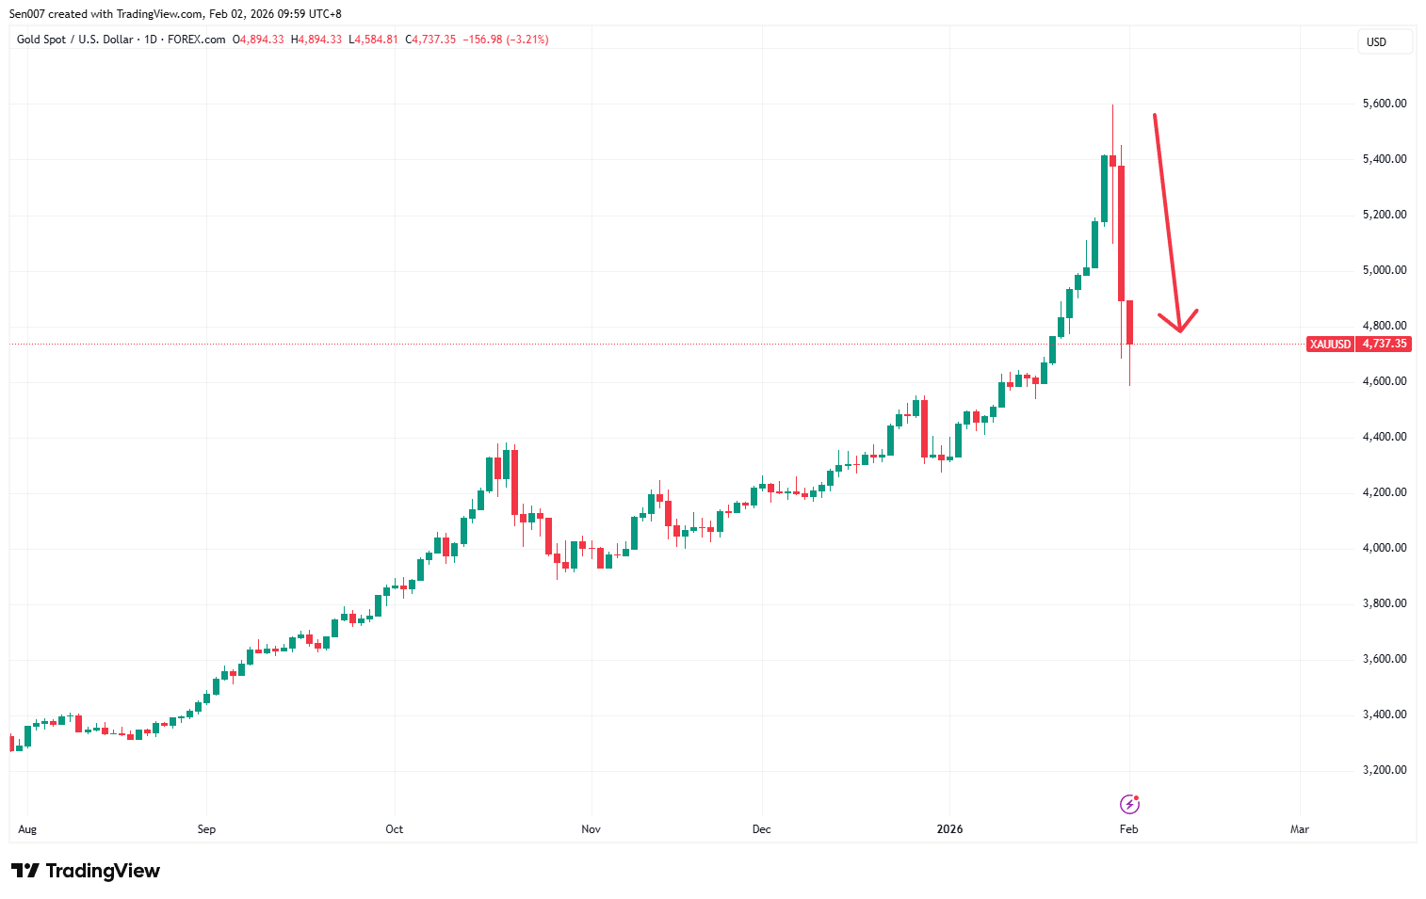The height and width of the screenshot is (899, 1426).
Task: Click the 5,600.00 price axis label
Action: (1384, 104)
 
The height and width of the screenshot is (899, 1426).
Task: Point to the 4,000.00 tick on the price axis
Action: (1384, 548)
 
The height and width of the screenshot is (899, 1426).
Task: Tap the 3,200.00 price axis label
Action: (1384, 770)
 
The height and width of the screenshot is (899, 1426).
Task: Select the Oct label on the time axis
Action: (394, 829)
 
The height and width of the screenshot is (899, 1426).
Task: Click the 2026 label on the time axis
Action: (949, 829)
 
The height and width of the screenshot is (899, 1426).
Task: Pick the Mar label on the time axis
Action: (1299, 829)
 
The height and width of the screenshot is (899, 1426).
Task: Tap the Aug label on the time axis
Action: (27, 829)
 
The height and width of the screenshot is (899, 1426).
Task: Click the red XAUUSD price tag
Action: (1330, 345)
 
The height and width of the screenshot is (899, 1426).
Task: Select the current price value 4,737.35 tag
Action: (1384, 345)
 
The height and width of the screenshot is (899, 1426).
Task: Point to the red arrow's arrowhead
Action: (1179, 326)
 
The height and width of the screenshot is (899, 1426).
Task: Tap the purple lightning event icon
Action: (1129, 804)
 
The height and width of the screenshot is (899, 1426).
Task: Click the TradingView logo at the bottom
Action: (86, 871)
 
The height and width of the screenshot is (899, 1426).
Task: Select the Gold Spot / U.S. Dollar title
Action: (74, 40)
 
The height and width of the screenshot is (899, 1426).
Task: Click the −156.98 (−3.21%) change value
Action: (506, 40)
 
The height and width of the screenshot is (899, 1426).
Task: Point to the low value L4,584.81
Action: (373, 40)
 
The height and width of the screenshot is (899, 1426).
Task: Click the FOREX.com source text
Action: (196, 40)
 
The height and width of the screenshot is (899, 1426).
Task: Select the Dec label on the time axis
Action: (761, 829)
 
